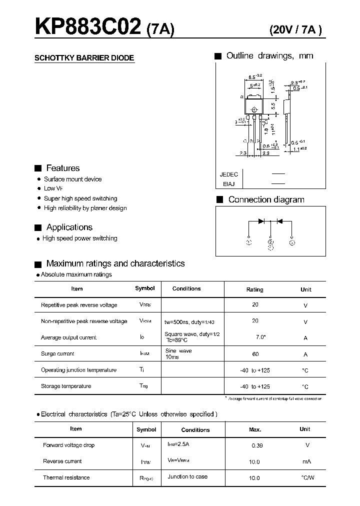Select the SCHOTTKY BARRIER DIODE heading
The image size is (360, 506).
point(84,58)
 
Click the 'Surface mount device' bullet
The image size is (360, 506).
point(72,179)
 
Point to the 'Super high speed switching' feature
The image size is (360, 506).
point(80,198)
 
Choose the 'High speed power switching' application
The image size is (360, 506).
point(80,238)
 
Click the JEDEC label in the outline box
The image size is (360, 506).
point(228,174)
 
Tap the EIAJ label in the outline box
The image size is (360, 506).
point(228,184)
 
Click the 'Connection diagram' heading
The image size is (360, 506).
point(266,199)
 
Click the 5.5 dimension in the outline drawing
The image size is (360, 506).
point(273,106)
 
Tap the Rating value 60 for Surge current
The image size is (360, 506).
point(255,354)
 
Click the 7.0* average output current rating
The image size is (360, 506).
point(260,337)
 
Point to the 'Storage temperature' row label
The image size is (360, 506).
point(66,386)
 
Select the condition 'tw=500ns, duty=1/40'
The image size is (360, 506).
point(193,321)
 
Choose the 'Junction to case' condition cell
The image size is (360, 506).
point(187,476)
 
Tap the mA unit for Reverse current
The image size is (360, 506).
point(305,461)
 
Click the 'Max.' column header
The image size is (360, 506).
point(255,429)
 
